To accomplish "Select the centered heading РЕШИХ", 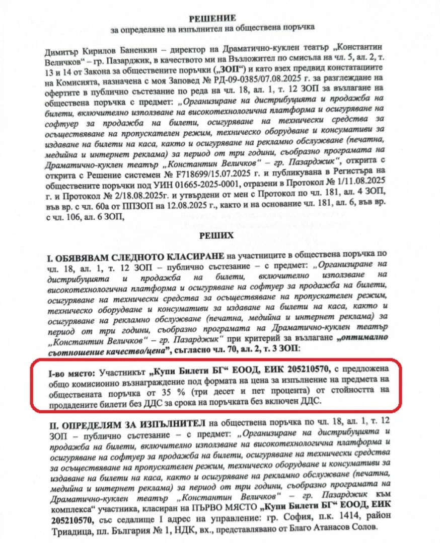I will coord(219,235).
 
